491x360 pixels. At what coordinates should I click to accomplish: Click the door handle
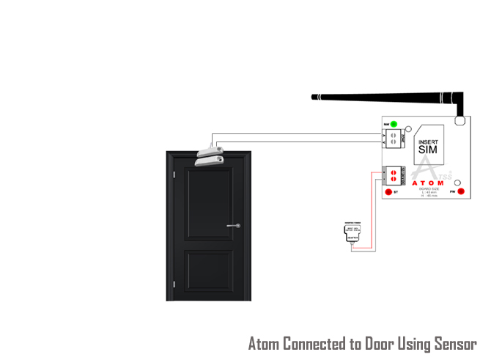[x=234, y=226]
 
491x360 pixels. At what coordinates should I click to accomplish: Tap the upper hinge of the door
[x=174, y=176]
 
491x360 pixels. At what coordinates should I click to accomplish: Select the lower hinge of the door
[x=174, y=283]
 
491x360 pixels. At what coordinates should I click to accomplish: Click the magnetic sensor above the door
[x=210, y=155]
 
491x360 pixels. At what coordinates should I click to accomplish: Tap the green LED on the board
[x=394, y=124]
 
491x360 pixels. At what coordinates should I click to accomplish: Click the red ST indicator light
[x=388, y=193]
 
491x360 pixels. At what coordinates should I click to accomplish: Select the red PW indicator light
[x=461, y=193]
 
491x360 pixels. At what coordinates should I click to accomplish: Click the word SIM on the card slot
[x=427, y=150]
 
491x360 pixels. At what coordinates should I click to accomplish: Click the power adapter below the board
[x=352, y=233]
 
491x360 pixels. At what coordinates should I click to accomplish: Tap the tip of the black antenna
[x=314, y=96]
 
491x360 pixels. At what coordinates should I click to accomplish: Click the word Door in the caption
[x=379, y=344]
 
